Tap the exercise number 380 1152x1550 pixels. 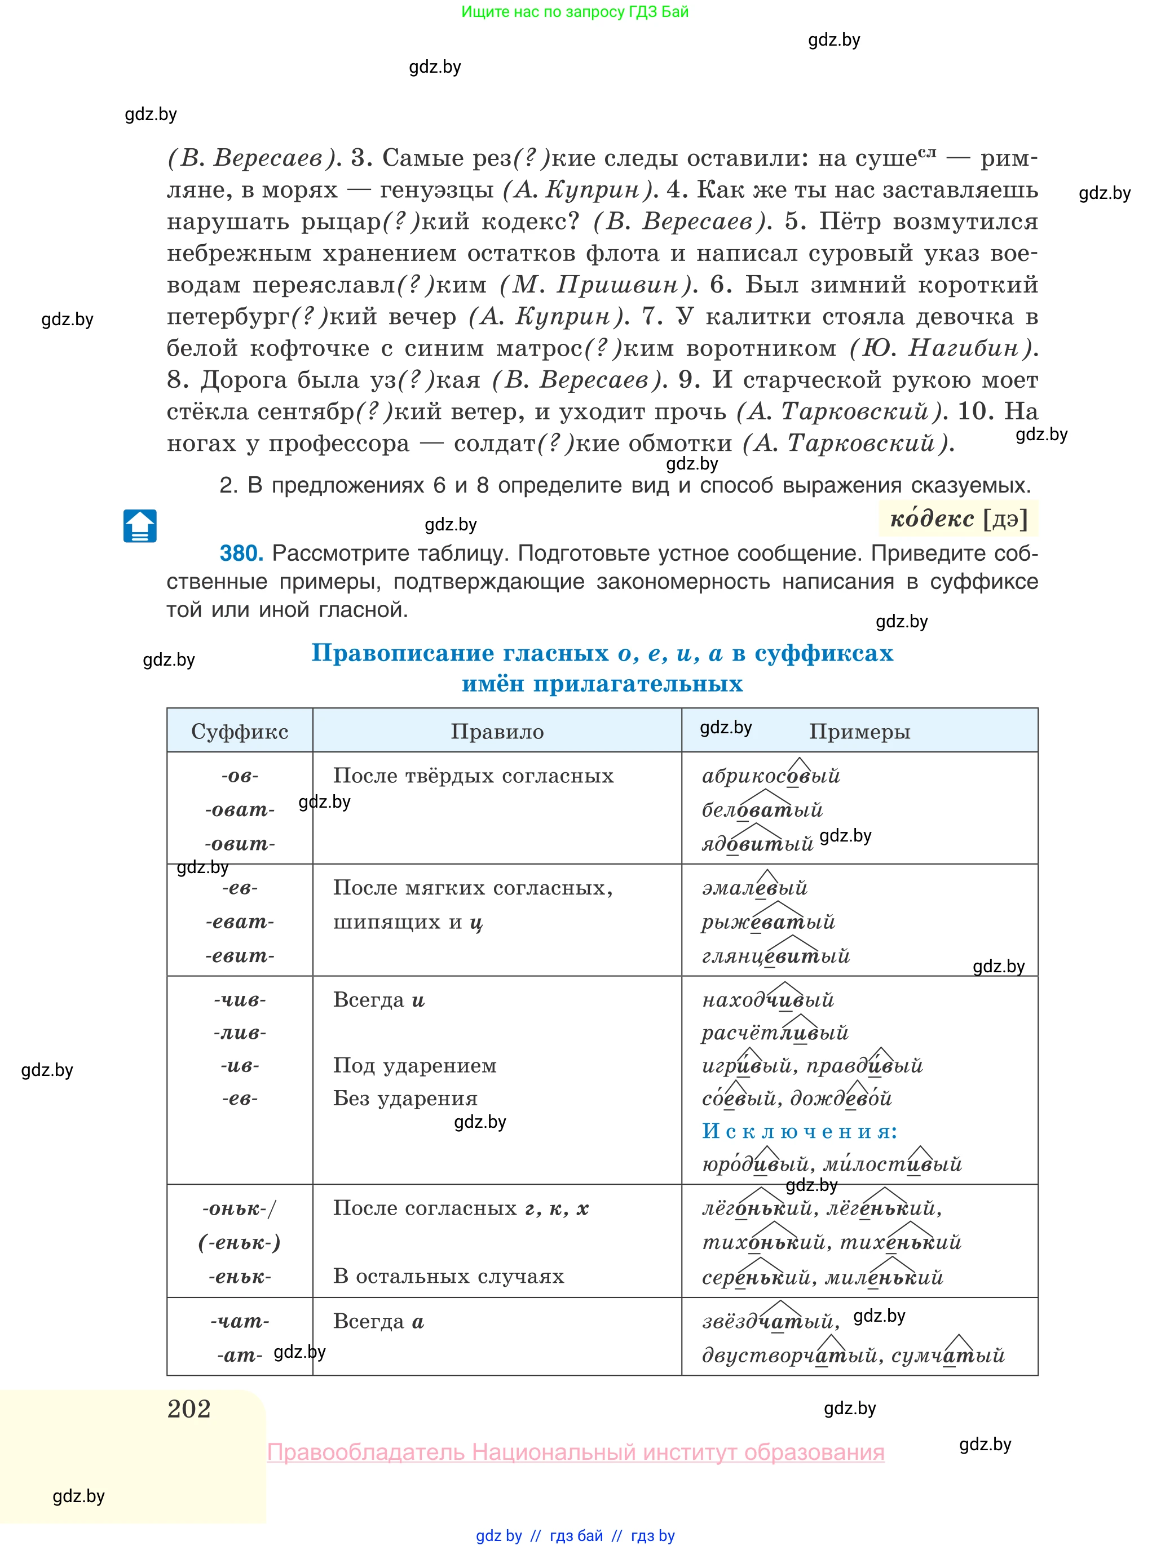(x=241, y=553)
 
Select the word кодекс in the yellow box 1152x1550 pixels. (x=932, y=519)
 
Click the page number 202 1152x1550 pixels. (x=189, y=1408)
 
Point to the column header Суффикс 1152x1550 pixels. (x=239, y=731)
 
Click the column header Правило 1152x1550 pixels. (x=497, y=731)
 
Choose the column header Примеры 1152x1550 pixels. (x=859, y=731)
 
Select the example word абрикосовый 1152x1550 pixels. (x=771, y=776)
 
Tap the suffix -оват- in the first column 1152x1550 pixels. (x=239, y=810)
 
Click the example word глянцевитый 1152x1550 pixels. (x=775, y=955)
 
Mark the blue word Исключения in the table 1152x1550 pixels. (x=799, y=1131)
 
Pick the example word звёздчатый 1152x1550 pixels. (x=768, y=1321)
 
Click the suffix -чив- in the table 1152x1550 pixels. (x=239, y=1000)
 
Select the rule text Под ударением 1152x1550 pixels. (x=414, y=1066)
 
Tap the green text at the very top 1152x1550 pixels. (x=575, y=12)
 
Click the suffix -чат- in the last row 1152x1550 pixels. (x=239, y=1321)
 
